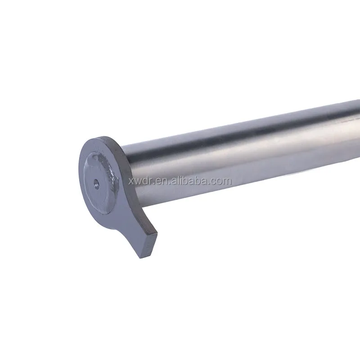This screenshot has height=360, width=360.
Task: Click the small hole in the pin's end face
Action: [x=96, y=183]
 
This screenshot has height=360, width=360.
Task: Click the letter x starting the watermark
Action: [x=131, y=182]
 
